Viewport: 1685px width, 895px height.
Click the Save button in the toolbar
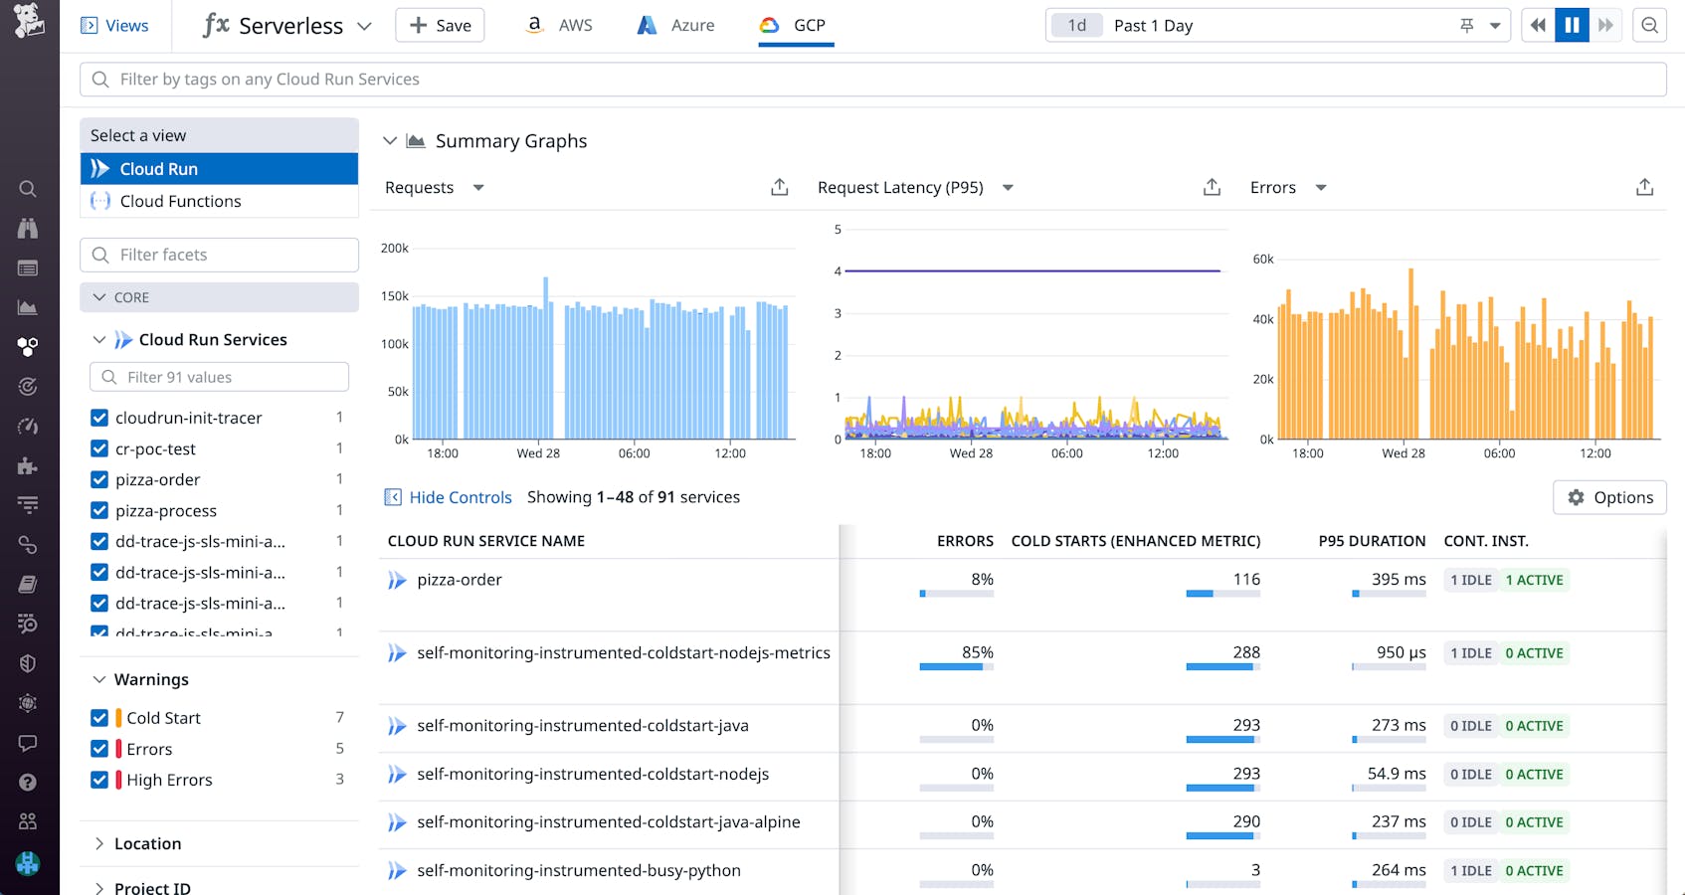[440, 25]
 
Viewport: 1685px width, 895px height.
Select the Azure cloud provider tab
[675, 25]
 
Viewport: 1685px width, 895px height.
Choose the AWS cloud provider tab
[559, 25]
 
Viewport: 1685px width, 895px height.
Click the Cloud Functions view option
[180, 201]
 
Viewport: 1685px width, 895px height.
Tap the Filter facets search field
[219, 255]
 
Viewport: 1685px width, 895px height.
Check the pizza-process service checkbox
[99, 510]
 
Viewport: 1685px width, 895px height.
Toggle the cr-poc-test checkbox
[99, 448]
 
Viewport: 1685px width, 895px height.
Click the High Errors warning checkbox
[99, 780]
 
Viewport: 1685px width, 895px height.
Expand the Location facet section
[147, 843]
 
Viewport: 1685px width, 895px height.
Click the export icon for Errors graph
[1644, 187]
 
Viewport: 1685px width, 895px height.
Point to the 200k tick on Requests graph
[394, 249]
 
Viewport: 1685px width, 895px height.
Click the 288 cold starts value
[1245, 652]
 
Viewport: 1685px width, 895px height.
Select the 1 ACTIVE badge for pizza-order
[1534, 580]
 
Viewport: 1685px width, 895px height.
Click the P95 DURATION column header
[1371, 541]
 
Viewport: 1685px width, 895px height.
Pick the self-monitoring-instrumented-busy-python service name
[578, 870]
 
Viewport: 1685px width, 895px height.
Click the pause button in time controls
[1572, 25]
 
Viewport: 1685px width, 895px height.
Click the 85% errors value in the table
[977, 652]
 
